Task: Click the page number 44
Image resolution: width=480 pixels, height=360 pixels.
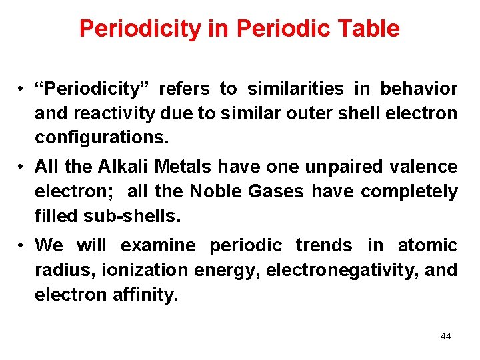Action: pos(445,336)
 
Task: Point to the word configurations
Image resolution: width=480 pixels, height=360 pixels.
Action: pos(103,138)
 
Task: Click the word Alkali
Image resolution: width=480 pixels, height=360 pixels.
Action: pos(128,167)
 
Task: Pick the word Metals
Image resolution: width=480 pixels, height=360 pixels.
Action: pos(189,167)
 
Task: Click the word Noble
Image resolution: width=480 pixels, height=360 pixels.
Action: pos(216,192)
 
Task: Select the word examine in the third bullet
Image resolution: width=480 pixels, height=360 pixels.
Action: pos(158,245)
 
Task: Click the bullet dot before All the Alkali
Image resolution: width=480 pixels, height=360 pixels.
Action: pos(22,167)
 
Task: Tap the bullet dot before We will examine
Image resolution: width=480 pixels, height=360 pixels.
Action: pos(22,246)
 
